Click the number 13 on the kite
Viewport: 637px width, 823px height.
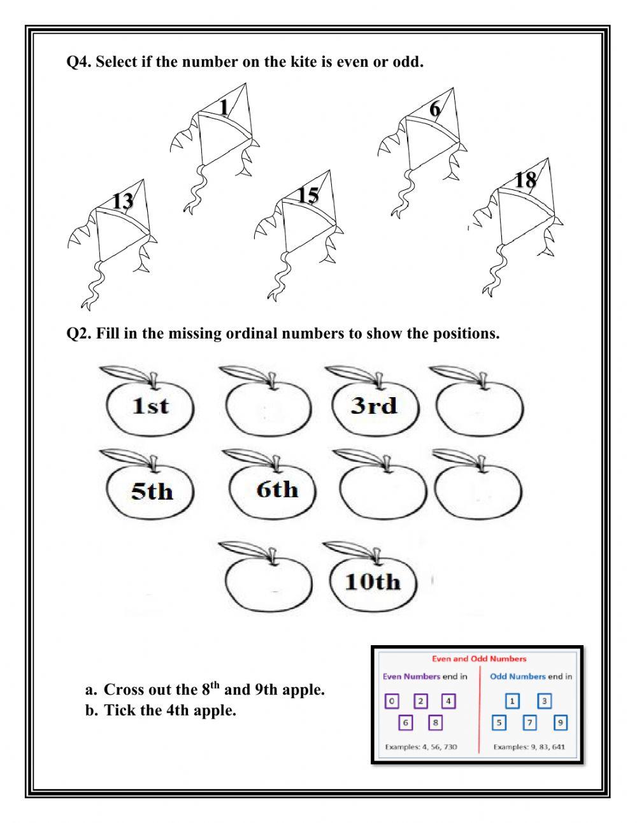123,201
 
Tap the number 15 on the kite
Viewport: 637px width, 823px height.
308,194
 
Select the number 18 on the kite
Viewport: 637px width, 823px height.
526,180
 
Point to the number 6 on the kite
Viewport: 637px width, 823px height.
434,110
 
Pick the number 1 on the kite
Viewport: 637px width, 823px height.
224,107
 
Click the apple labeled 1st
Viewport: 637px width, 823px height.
150,406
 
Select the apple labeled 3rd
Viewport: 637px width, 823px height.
374,406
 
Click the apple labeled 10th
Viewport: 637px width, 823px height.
373,581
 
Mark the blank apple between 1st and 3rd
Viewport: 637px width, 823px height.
268,408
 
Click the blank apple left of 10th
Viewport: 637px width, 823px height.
268,581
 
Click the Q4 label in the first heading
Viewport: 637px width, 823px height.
78,62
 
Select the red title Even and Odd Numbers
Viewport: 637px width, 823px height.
479,659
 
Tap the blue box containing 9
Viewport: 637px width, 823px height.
560,723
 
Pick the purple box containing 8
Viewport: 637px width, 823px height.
434,723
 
